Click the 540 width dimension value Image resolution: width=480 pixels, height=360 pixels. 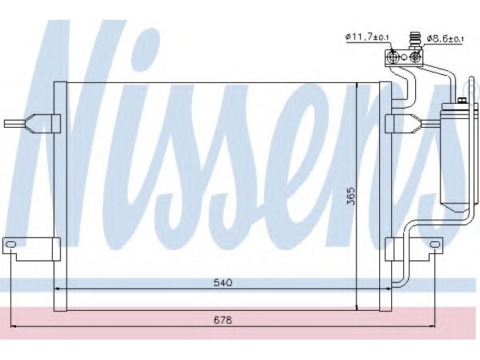(223, 283)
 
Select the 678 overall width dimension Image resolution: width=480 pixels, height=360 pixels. (223, 320)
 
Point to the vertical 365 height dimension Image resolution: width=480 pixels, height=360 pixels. (351, 196)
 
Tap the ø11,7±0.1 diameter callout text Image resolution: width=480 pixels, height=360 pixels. (367, 37)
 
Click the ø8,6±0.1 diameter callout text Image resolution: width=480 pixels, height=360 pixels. (445, 38)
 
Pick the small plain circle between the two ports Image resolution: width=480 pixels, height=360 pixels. (404, 56)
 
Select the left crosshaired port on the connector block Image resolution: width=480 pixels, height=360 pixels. (393, 56)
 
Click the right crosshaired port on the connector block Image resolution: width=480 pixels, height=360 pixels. (415, 56)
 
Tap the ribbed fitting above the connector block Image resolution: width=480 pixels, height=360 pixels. (414, 39)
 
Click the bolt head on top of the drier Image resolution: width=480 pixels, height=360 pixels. (461, 100)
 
